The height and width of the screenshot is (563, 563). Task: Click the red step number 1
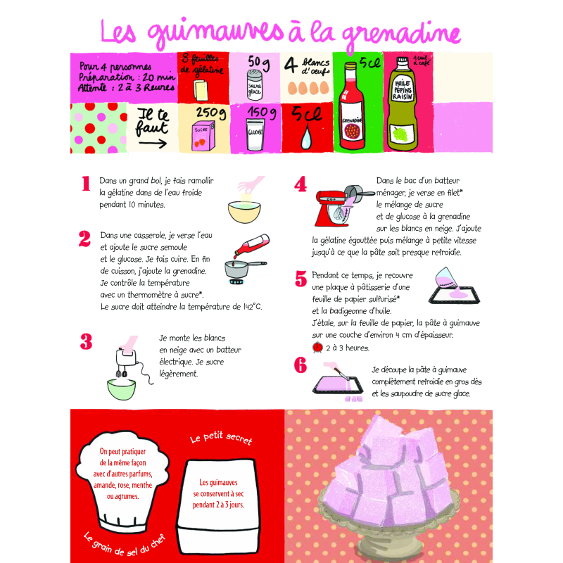coord(86,184)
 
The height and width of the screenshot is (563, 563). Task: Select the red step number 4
coord(301,184)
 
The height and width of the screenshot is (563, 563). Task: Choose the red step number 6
coord(301,365)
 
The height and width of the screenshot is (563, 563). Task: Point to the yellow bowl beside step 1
coord(244,209)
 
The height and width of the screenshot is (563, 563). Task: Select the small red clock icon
coord(317,347)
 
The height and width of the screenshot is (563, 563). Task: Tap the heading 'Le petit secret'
coord(221,438)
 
